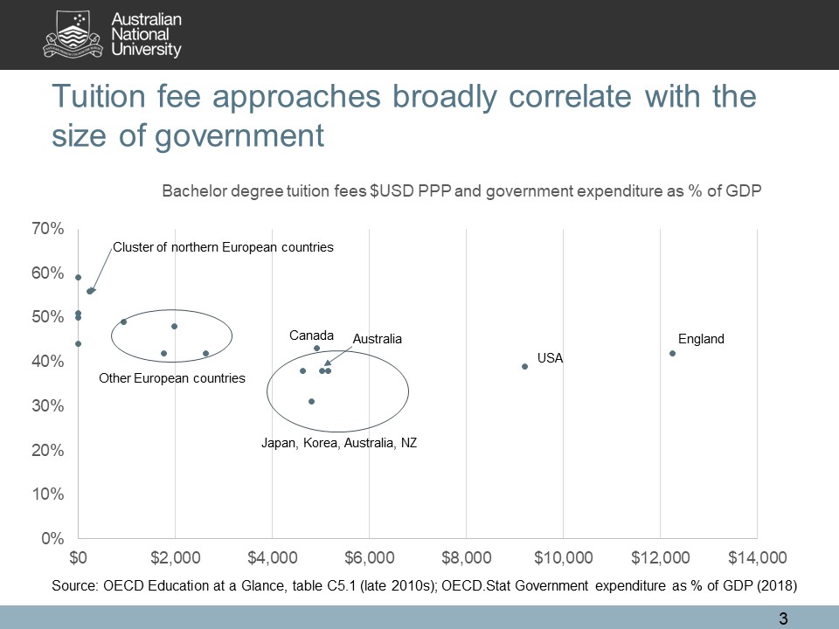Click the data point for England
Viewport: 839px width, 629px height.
tap(672, 353)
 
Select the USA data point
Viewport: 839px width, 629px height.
tap(524, 366)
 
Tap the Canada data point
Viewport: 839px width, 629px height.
tap(316, 348)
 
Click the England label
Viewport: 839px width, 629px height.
tap(701, 339)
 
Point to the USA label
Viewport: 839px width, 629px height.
tap(550, 358)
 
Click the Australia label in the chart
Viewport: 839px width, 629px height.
tap(377, 339)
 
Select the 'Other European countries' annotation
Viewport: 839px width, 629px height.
tap(172, 378)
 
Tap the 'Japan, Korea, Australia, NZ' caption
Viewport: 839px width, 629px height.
tap(339, 443)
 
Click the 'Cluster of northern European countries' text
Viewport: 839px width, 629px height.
tap(224, 247)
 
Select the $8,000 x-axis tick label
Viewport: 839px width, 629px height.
tap(467, 556)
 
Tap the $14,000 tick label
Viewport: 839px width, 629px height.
tap(756, 556)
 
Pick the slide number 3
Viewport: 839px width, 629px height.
tap(783, 619)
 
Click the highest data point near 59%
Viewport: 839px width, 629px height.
tap(78, 277)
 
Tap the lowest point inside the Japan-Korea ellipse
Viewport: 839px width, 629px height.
tap(311, 401)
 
